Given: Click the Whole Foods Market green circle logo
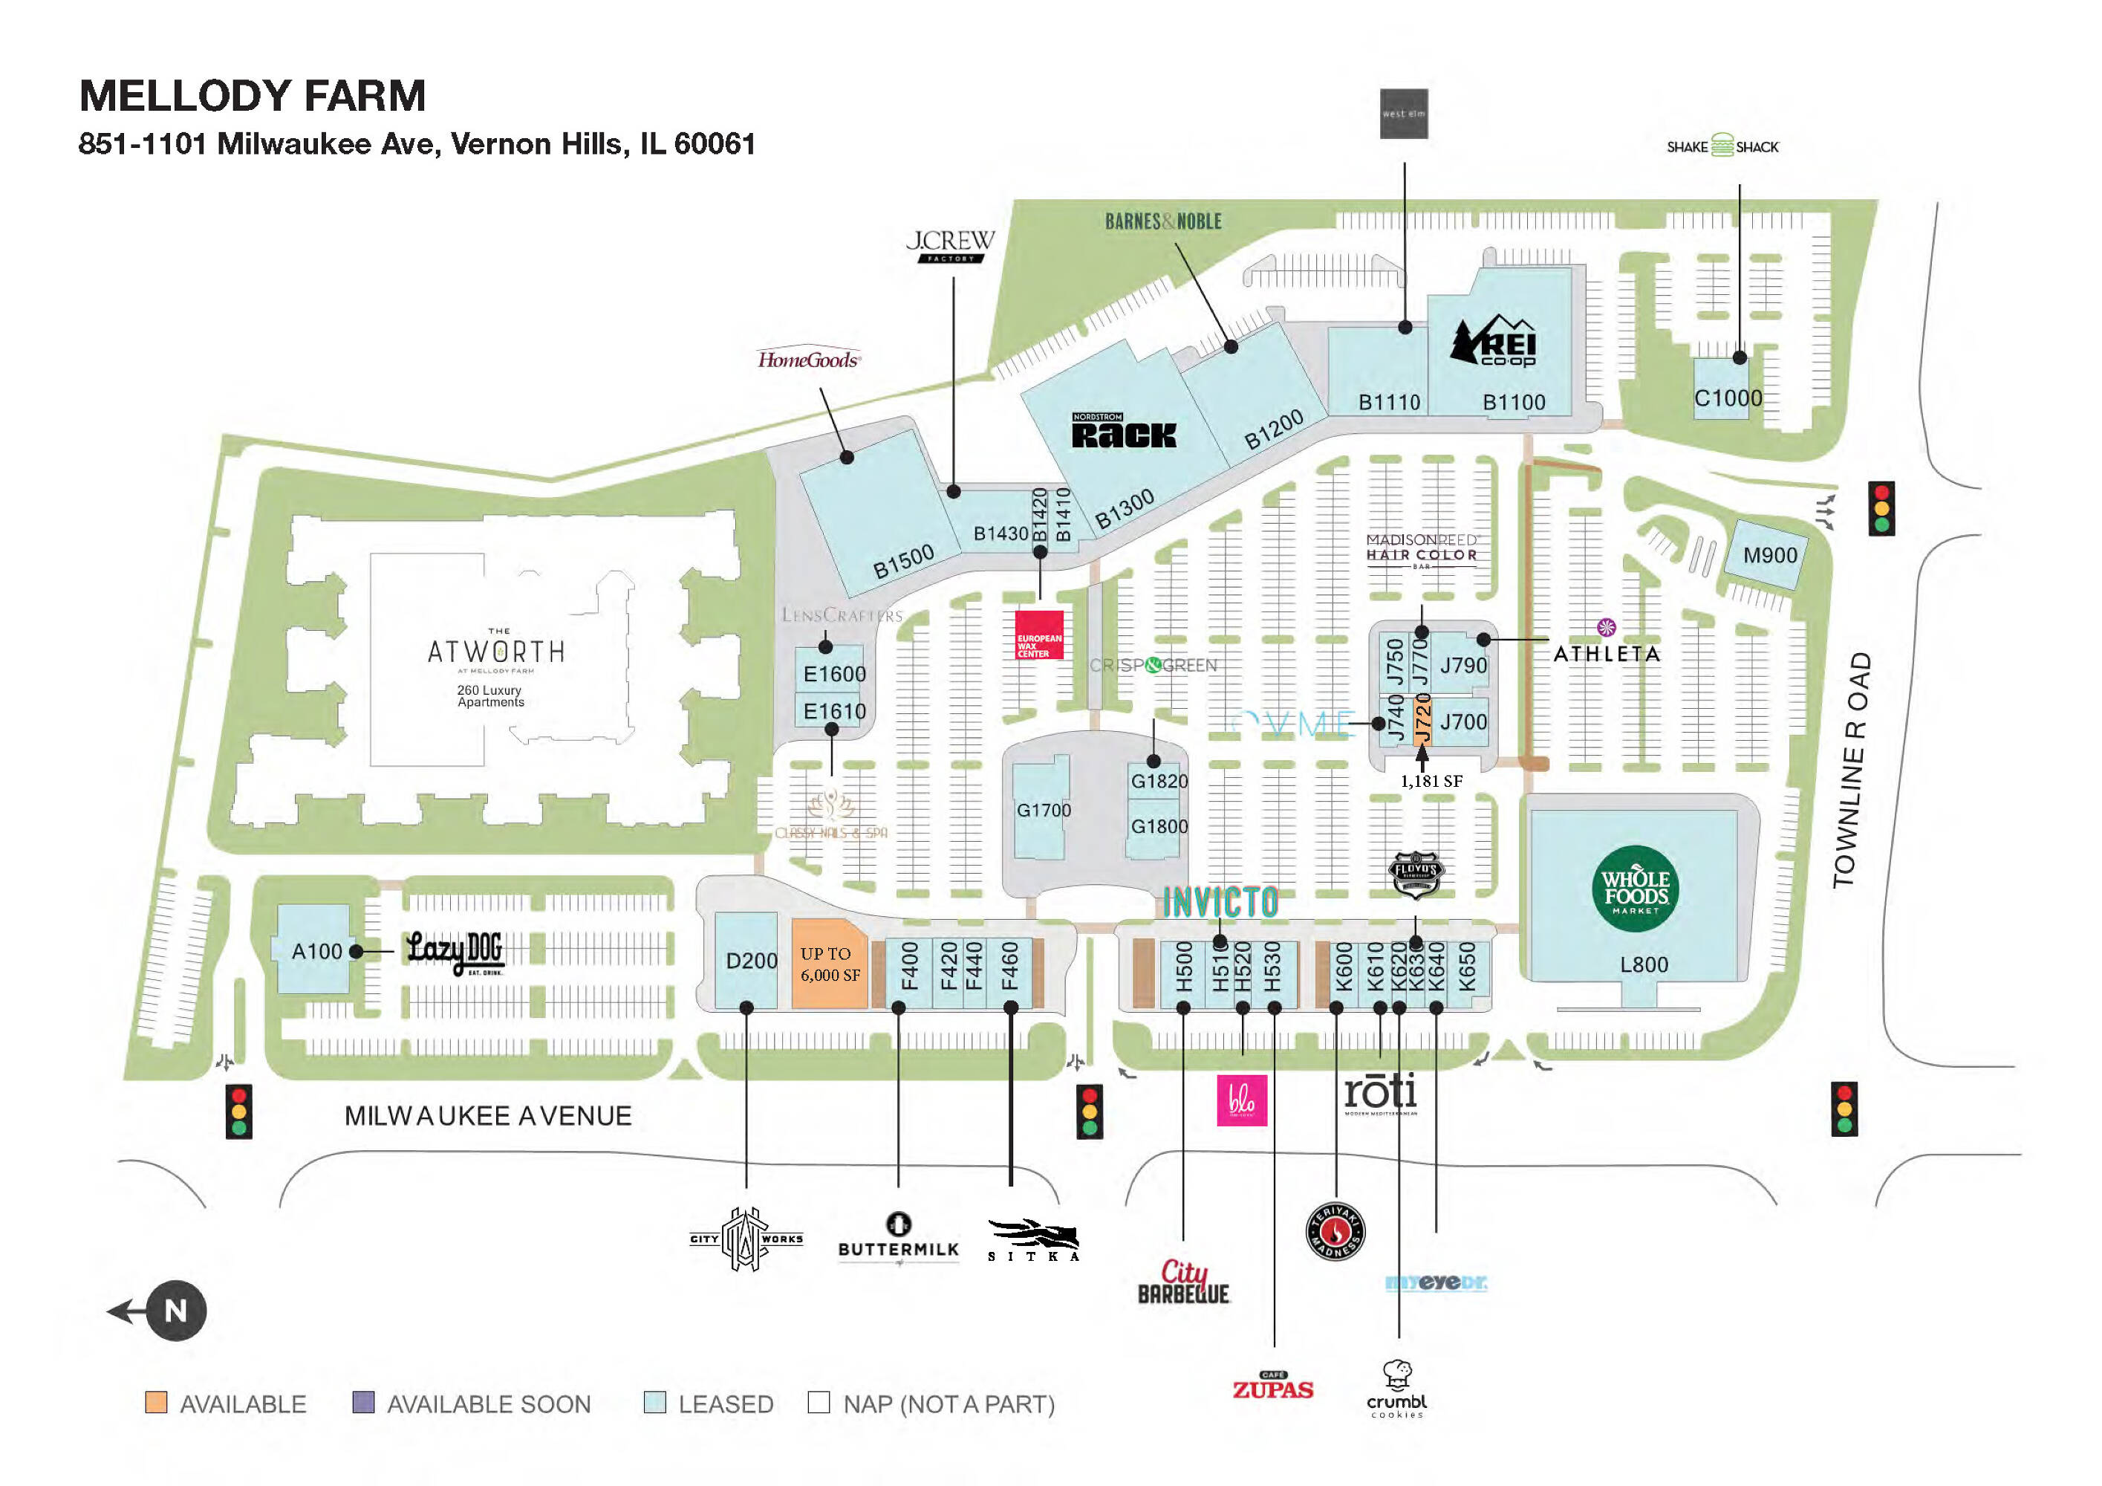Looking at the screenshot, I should click(1635, 887).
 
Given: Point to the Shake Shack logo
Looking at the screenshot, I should click(1722, 146).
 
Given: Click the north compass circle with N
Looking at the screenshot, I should click(176, 1310).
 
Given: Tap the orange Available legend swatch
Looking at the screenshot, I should click(157, 1402).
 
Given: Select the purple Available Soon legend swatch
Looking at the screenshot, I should click(363, 1402).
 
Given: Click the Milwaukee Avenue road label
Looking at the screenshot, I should click(488, 1115).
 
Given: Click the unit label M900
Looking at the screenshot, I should click(1770, 555).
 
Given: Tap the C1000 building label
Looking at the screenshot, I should click(1728, 398).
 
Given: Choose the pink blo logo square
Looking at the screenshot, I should click(1241, 1100).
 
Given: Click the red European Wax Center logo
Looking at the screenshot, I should click(1039, 635).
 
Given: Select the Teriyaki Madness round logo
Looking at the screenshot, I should click(1335, 1230).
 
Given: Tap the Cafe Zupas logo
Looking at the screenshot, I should click(1272, 1387).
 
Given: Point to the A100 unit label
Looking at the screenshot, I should click(316, 951).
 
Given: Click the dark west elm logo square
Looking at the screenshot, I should click(1404, 114).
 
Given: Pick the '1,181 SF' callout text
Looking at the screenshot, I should click(1431, 781).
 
